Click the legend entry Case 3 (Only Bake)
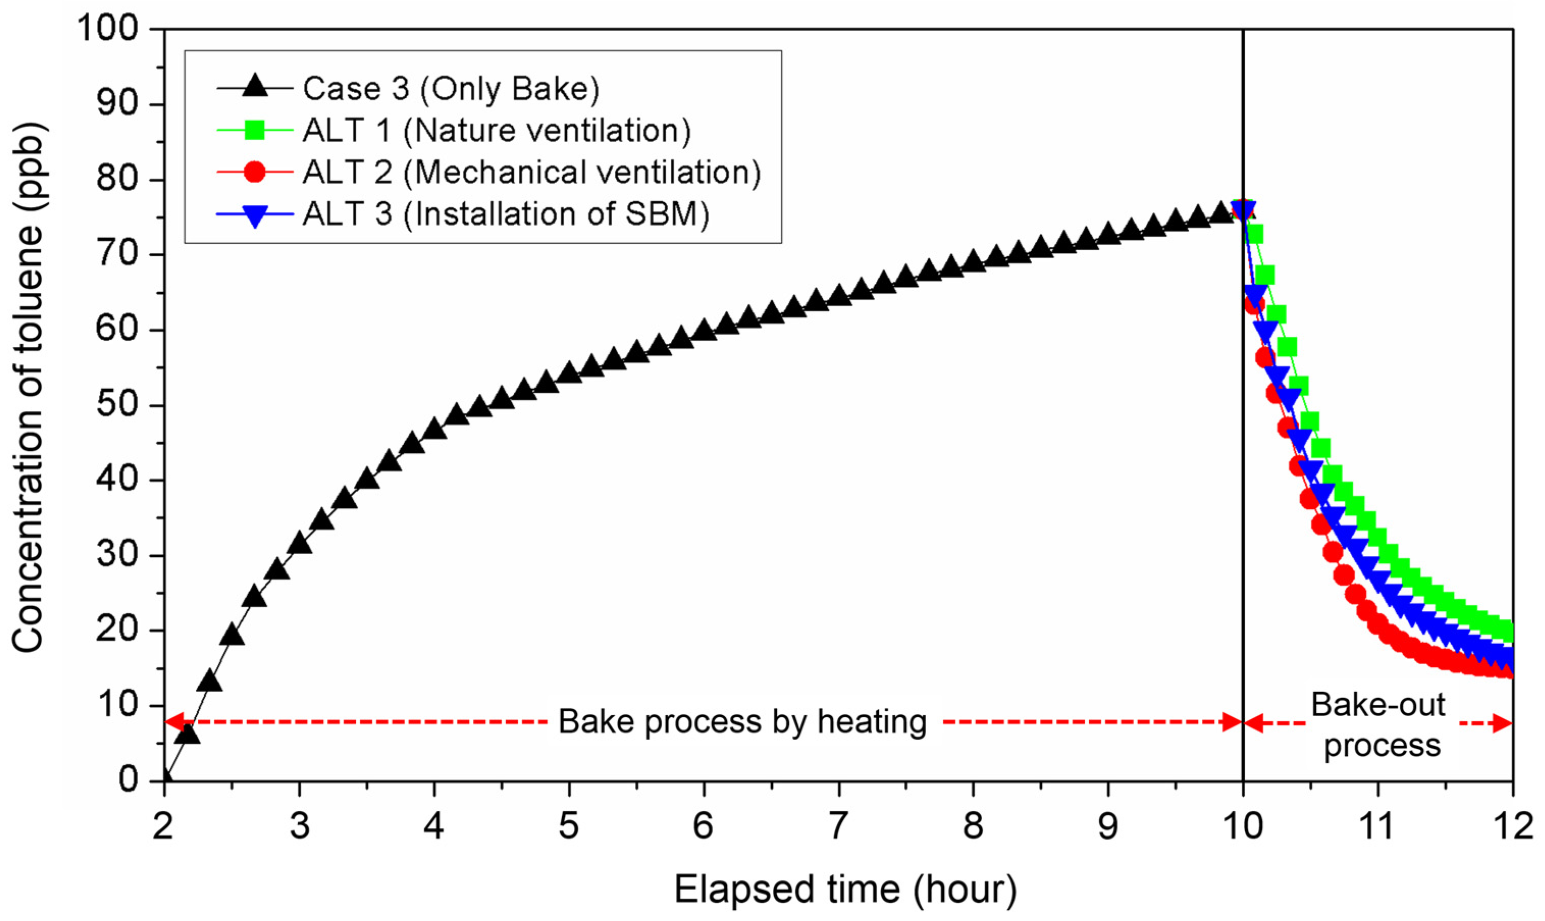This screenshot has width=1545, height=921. [451, 89]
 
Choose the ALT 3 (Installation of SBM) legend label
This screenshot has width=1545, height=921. [506, 213]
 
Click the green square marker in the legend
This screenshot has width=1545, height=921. [254, 130]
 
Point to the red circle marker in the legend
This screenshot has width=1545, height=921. [254, 172]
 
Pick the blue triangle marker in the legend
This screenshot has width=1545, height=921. [254, 215]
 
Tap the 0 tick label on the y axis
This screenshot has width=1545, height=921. [128, 779]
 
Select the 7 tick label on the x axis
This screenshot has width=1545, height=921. [839, 825]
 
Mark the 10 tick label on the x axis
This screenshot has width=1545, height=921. [1243, 825]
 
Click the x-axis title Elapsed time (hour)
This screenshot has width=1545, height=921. [846, 889]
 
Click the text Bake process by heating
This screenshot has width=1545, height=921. [743, 722]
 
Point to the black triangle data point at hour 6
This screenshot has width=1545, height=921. [704, 330]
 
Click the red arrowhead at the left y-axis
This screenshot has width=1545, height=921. [174, 722]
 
